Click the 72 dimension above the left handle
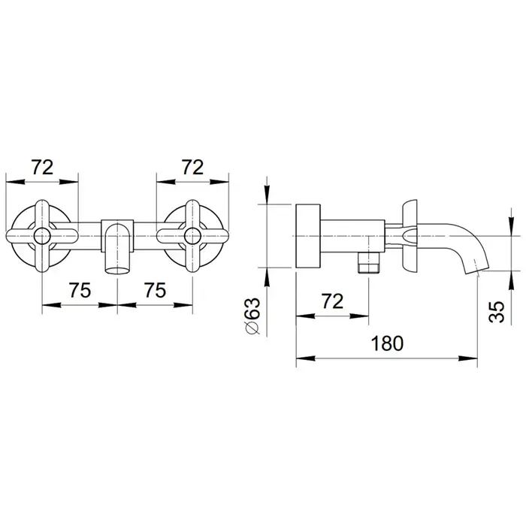(43, 167)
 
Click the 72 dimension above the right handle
(192, 167)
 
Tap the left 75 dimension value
(80, 290)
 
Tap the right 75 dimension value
(155, 290)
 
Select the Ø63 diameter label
(252, 316)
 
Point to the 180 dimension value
(387, 343)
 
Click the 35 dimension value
(497, 312)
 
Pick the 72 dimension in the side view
(332, 301)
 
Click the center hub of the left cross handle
(42, 236)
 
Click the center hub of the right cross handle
(192, 236)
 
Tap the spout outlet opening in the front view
(117, 270)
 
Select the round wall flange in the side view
(308, 236)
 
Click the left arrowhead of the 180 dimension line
(305, 358)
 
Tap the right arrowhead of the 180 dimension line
(468, 358)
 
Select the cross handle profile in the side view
(410, 236)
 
